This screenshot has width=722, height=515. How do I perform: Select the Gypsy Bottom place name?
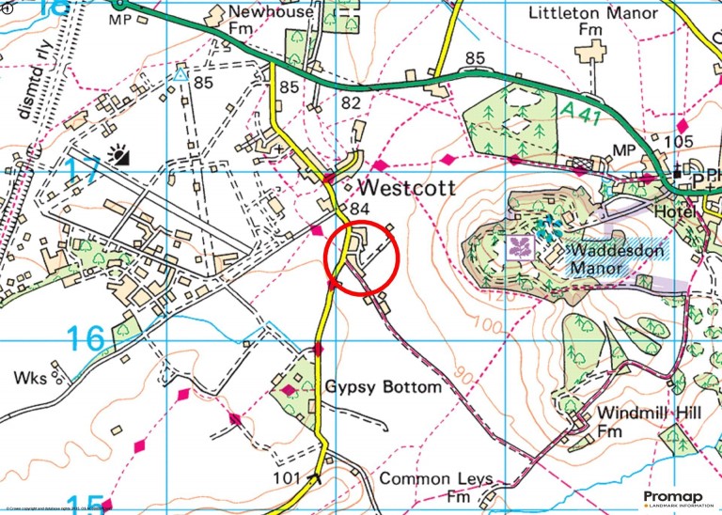click(x=383, y=387)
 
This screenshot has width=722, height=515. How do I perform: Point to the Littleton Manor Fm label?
click(x=590, y=22)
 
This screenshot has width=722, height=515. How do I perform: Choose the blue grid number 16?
click(x=85, y=337)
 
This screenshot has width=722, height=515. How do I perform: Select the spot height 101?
click(x=287, y=478)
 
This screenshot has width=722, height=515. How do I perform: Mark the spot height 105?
click(x=678, y=141)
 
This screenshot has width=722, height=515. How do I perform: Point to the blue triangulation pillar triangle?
click(x=180, y=72)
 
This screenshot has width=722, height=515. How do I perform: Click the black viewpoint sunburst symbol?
click(x=118, y=155)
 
